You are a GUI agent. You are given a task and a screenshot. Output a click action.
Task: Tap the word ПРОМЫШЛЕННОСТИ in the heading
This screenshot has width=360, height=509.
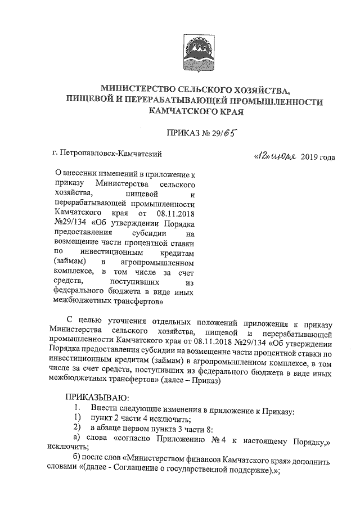coord(274,101)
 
